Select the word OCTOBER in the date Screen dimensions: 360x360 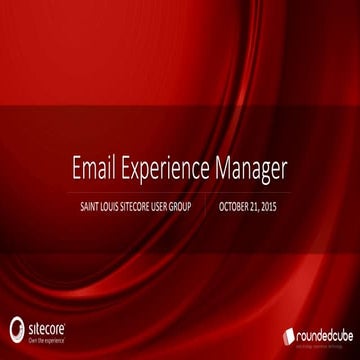(236, 208)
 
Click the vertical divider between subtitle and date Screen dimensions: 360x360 (210, 208)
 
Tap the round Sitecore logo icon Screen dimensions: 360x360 (16, 329)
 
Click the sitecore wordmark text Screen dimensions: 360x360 (46, 327)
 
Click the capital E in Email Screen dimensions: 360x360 (77, 169)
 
